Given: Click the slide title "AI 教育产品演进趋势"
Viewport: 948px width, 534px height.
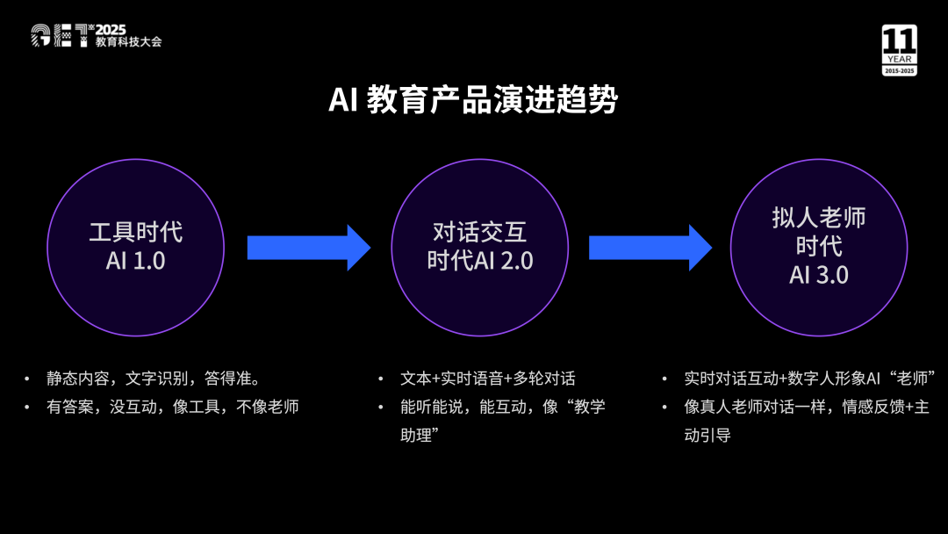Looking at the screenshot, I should [472, 100].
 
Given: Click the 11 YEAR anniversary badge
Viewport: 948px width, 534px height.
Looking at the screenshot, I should [899, 50].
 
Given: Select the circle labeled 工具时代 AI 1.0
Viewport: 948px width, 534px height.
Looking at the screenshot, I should [135, 247].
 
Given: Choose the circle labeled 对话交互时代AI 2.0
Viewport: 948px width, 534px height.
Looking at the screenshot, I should [479, 247].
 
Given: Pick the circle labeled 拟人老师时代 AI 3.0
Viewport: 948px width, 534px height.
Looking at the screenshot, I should [818, 247].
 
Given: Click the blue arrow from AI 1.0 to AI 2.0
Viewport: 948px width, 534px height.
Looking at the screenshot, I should [308, 248].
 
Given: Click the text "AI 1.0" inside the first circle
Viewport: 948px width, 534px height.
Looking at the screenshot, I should [135, 261].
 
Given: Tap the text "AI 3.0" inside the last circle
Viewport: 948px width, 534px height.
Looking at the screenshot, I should [818, 275].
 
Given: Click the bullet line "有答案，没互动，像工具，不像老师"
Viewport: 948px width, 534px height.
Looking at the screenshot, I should [173, 407].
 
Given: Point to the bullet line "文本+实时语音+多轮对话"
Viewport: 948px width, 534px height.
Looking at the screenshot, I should [488, 379].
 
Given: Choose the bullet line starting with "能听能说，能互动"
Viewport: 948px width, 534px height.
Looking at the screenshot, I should [502, 407].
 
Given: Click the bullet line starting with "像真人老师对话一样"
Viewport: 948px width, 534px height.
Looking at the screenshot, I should [806, 407].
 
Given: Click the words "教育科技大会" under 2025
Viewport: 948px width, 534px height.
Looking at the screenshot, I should [128, 41].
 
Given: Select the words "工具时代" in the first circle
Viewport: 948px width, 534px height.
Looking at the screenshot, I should [135, 232].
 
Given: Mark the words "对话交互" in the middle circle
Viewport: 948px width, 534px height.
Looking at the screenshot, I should [479, 232].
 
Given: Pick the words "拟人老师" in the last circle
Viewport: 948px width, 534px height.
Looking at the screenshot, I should [818, 218].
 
